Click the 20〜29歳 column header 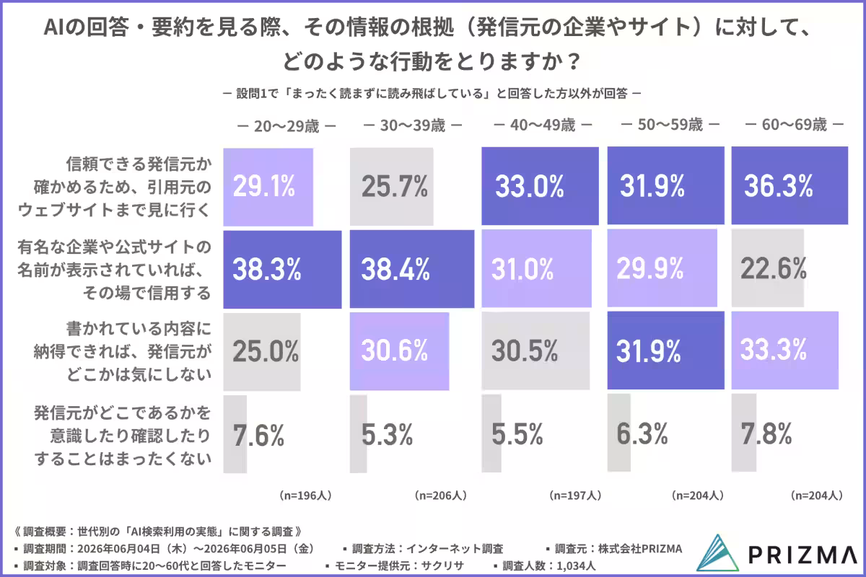(x=287, y=126)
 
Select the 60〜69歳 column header (x=794, y=125)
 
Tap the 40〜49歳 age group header (x=543, y=125)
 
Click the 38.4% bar (x=412, y=269)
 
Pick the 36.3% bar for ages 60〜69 (x=790, y=185)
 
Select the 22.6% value (x=774, y=268)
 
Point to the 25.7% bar (x=392, y=187)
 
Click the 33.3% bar (x=785, y=350)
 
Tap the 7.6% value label (x=258, y=435)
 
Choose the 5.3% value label (x=387, y=434)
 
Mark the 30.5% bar (x=535, y=351)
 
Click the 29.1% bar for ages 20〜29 (x=268, y=187)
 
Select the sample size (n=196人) (x=306, y=495)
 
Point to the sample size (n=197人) (x=575, y=495)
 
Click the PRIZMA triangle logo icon (x=717, y=553)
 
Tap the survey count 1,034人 (x=576, y=565)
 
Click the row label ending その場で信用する (x=114, y=270)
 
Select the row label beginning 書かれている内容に (x=123, y=351)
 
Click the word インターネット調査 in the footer (x=455, y=549)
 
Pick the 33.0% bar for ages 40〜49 (x=540, y=186)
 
